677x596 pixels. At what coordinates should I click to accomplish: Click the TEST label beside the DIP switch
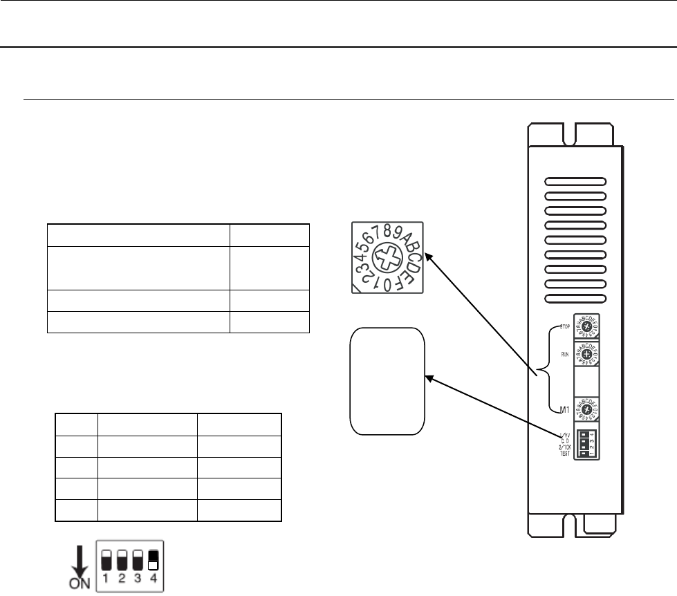tap(565, 452)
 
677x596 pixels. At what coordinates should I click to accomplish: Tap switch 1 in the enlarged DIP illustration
tap(107, 559)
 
